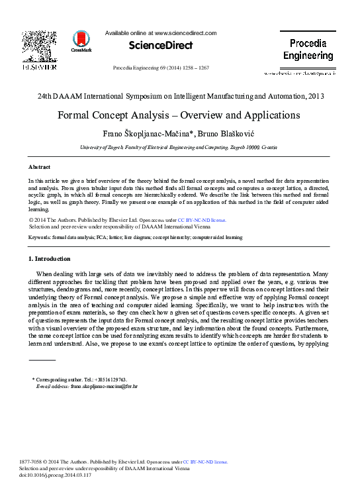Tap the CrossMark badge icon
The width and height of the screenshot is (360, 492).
[81, 40]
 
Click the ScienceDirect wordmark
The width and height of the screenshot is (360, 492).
[161, 46]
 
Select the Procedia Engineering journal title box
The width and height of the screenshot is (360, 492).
[308, 50]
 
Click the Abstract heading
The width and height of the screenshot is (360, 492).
[39, 167]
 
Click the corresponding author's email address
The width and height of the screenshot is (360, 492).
[104, 385]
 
